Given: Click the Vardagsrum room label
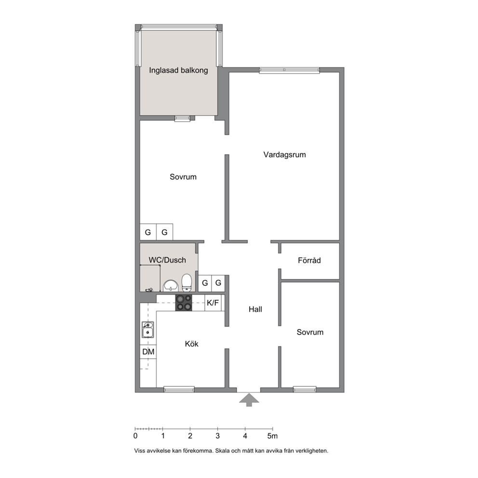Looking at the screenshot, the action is (284, 155).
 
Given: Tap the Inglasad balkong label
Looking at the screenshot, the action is (178, 70).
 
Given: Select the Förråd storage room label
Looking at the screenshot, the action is (309, 260).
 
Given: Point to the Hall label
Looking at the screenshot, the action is (255, 309).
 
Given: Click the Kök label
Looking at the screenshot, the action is (191, 344).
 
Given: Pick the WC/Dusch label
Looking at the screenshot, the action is (167, 260).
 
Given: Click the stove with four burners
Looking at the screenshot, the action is (184, 303).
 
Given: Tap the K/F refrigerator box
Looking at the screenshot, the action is (213, 303).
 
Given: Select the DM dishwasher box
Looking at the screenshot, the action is (148, 352).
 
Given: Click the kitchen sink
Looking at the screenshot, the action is (147, 330).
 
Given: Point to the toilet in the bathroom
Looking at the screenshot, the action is (186, 282).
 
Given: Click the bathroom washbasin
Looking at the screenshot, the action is (171, 286).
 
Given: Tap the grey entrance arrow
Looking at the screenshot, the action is (249, 400).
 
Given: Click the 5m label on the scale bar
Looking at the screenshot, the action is (273, 436).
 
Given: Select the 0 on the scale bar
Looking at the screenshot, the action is (135, 436).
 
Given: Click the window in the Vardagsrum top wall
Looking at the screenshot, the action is (289, 70).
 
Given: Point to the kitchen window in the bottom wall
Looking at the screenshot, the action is (179, 389).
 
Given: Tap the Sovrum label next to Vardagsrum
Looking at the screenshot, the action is (183, 177).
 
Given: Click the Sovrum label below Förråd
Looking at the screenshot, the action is (310, 332).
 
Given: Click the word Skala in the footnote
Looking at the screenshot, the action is (222, 451).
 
